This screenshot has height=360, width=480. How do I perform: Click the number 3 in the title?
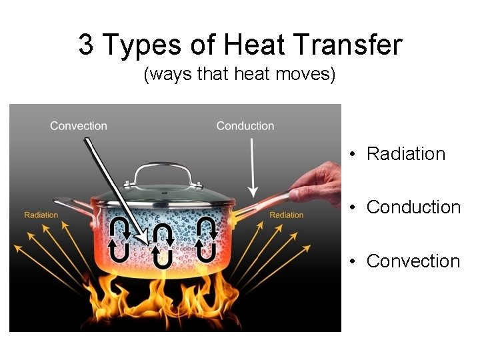[x=85, y=45]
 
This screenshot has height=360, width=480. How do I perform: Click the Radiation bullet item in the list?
[x=405, y=154]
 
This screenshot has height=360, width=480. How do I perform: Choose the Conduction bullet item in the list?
[x=413, y=207]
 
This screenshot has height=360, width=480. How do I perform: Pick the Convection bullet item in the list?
[x=413, y=261]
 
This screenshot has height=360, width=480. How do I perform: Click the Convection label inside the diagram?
[x=79, y=125]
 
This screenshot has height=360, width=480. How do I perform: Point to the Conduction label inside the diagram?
[x=245, y=125]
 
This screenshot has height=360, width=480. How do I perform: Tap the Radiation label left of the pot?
[x=41, y=215]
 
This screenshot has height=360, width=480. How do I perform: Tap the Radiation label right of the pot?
[x=287, y=215]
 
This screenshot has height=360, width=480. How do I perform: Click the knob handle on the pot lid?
[x=163, y=171]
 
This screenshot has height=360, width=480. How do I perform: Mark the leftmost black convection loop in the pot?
[x=120, y=238]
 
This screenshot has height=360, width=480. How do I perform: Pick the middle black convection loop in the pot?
[x=163, y=245]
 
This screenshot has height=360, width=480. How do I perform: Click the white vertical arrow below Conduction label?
[x=252, y=167]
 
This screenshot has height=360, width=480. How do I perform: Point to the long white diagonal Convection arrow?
[x=113, y=187]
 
